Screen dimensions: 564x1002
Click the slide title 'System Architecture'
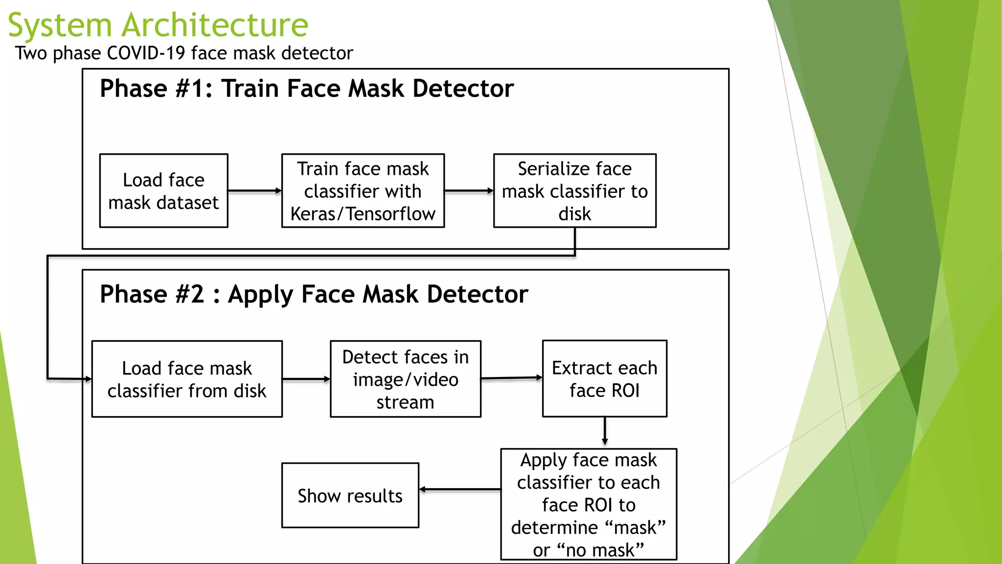(158, 25)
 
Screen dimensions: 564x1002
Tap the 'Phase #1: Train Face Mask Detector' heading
(306, 89)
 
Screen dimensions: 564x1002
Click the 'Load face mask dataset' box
(163, 191)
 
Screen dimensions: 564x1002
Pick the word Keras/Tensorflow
(363, 214)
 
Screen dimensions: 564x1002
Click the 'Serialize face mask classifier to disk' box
(574, 191)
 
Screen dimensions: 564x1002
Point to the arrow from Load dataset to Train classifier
(254, 191)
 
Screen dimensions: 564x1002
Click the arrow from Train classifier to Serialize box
(469, 191)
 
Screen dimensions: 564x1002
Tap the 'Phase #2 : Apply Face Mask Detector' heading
(314, 294)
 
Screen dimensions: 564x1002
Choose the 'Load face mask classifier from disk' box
(187, 379)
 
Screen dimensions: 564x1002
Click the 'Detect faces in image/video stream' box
(405, 379)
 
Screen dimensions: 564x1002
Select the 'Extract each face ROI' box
(604, 379)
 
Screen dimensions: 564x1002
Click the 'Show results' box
(350, 495)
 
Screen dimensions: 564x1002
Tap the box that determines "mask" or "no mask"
(589, 504)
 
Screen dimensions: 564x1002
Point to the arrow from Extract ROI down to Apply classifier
(605, 431)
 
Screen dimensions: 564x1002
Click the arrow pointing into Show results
(460, 489)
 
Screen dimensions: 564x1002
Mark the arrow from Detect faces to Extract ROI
(511, 378)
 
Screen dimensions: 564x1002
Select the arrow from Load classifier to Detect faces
(306, 379)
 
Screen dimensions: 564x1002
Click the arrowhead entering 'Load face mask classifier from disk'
(88, 379)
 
